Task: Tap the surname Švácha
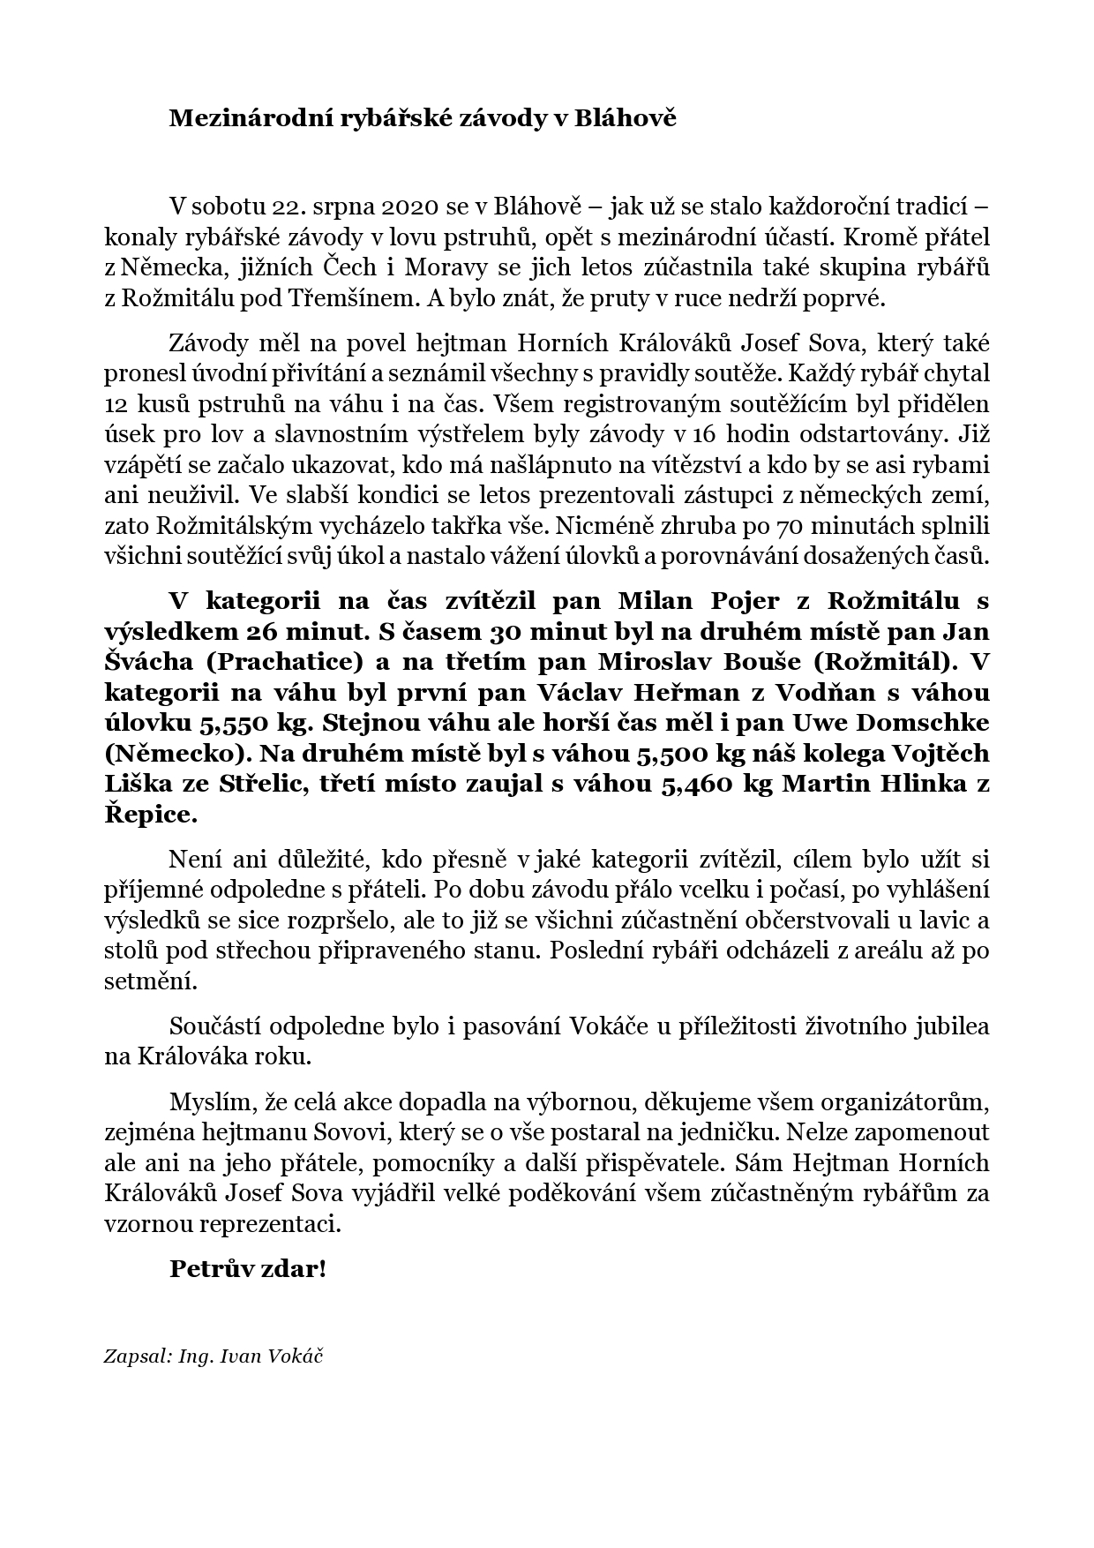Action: tap(137, 662)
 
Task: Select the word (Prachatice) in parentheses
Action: tap(273, 662)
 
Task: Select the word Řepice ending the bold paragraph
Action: tap(146, 814)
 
